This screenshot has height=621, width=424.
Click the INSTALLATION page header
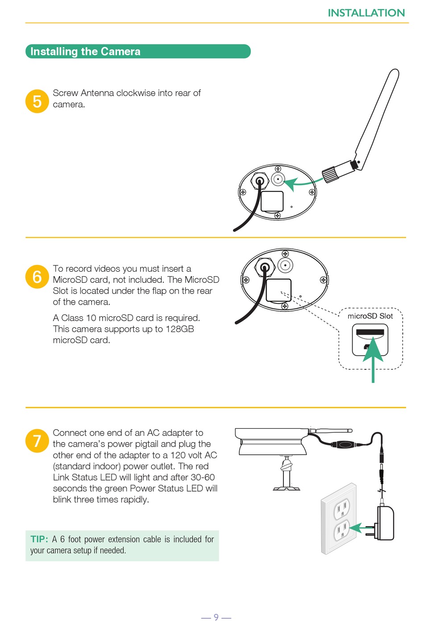coord(366,13)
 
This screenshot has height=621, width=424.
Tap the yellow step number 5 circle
coord(37,101)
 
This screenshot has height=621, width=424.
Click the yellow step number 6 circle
coord(37,277)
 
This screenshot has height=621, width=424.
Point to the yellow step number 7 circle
coord(37,441)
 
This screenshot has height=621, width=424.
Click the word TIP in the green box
coord(39,539)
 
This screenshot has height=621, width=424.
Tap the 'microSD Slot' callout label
coord(370,316)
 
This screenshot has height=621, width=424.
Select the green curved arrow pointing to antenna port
coord(303,182)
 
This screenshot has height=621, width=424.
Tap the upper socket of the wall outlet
coord(342,507)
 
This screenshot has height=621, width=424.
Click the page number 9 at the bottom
coord(216,617)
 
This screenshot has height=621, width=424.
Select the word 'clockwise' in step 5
coord(135,93)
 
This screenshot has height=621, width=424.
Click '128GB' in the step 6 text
coord(179,329)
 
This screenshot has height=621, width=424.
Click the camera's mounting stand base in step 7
coord(287,488)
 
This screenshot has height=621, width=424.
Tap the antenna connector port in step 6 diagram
coord(285,266)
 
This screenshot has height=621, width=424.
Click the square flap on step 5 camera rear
coord(272,201)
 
